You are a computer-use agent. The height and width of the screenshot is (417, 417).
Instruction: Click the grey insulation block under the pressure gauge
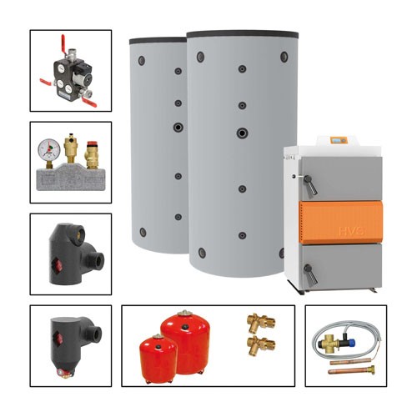click(x=69, y=179)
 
